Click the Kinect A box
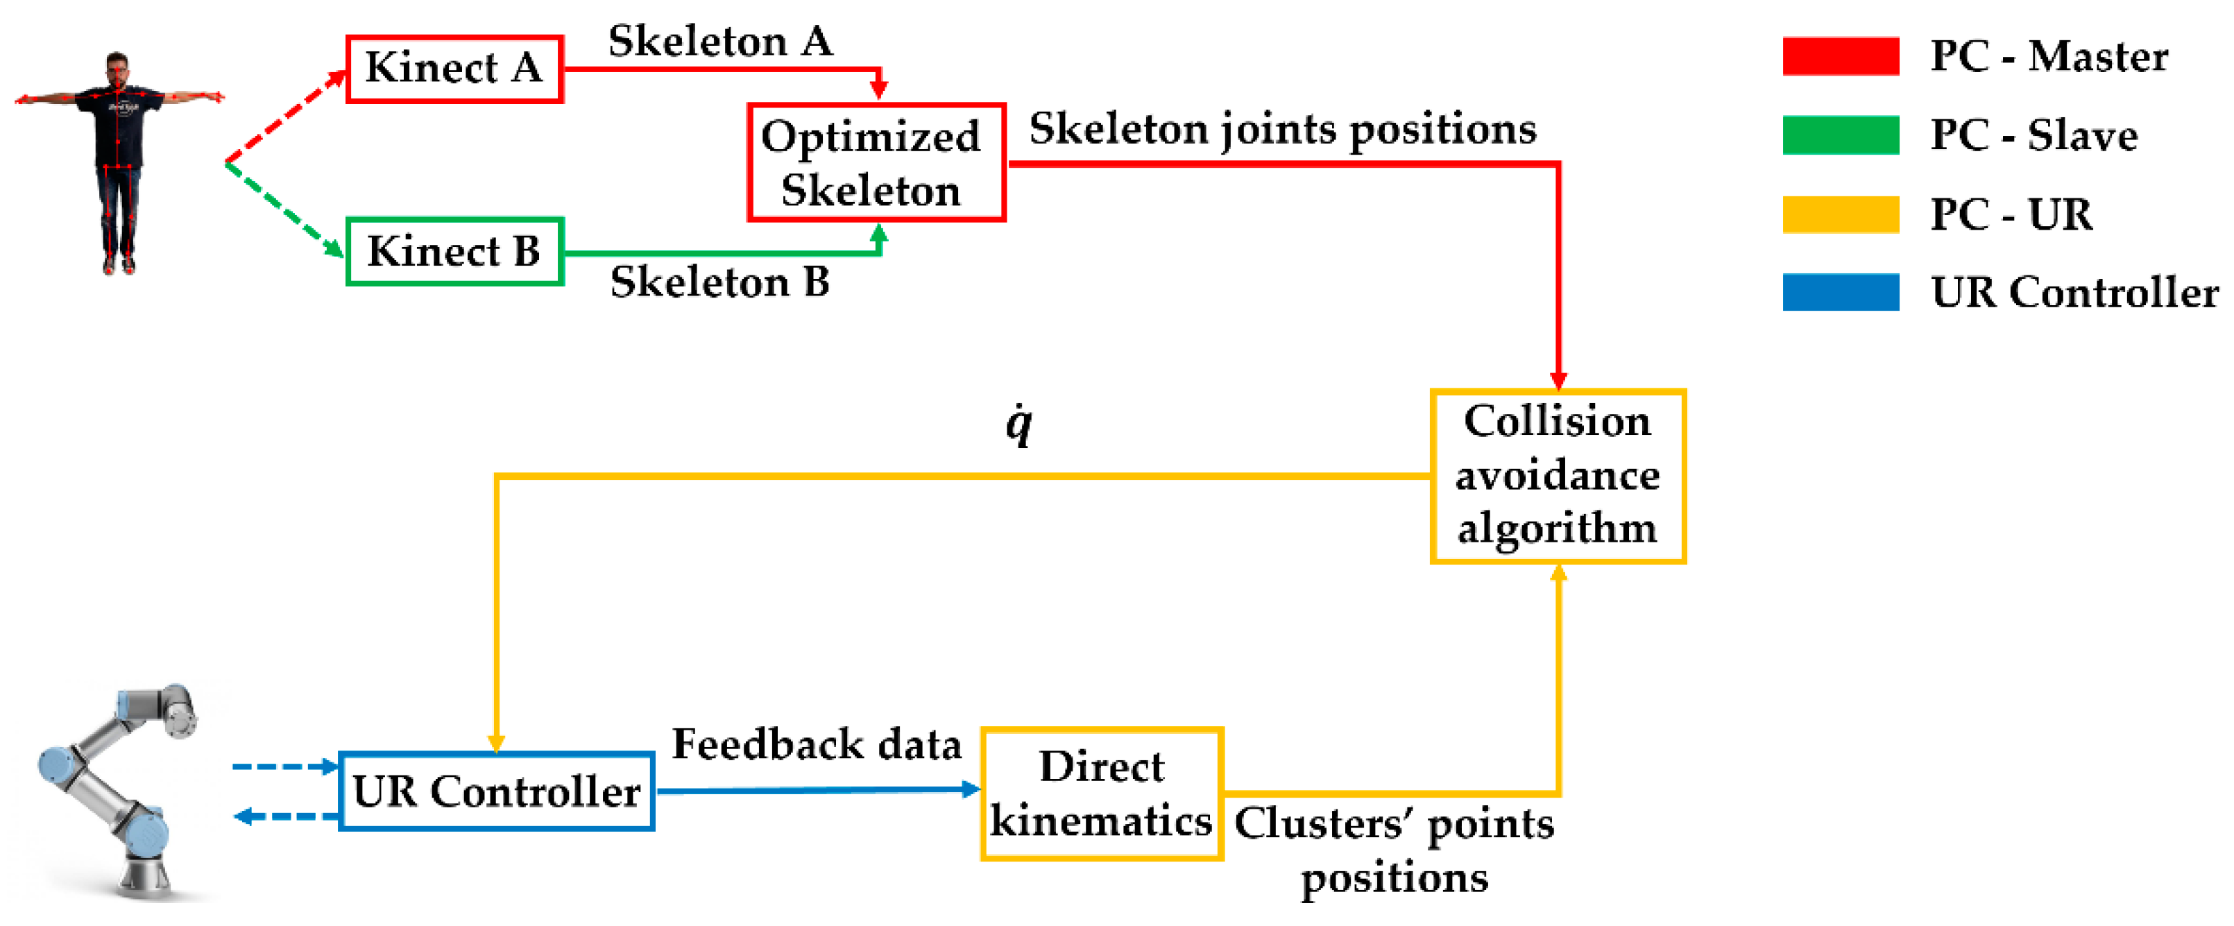click(x=454, y=69)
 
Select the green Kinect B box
click(x=454, y=251)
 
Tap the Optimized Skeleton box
click(x=876, y=163)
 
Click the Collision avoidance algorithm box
click(x=1557, y=476)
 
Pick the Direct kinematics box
click(x=1102, y=794)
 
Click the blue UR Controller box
click(x=496, y=791)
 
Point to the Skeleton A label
click(x=720, y=41)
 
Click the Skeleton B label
click(x=720, y=282)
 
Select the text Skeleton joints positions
click(x=1282, y=129)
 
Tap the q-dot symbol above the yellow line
click(x=1019, y=425)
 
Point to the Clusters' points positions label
click(x=1394, y=850)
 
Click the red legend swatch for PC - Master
click(x=1840, y=56)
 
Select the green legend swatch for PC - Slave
click(x=1840, y=135)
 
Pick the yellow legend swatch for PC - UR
click(x=1840, y=214)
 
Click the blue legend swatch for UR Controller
click(x=1840, y=292)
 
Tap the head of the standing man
click(x=118, y=66)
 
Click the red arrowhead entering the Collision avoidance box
click(x=1558, y=381)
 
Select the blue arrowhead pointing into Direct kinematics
click(x=971, y=789)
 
